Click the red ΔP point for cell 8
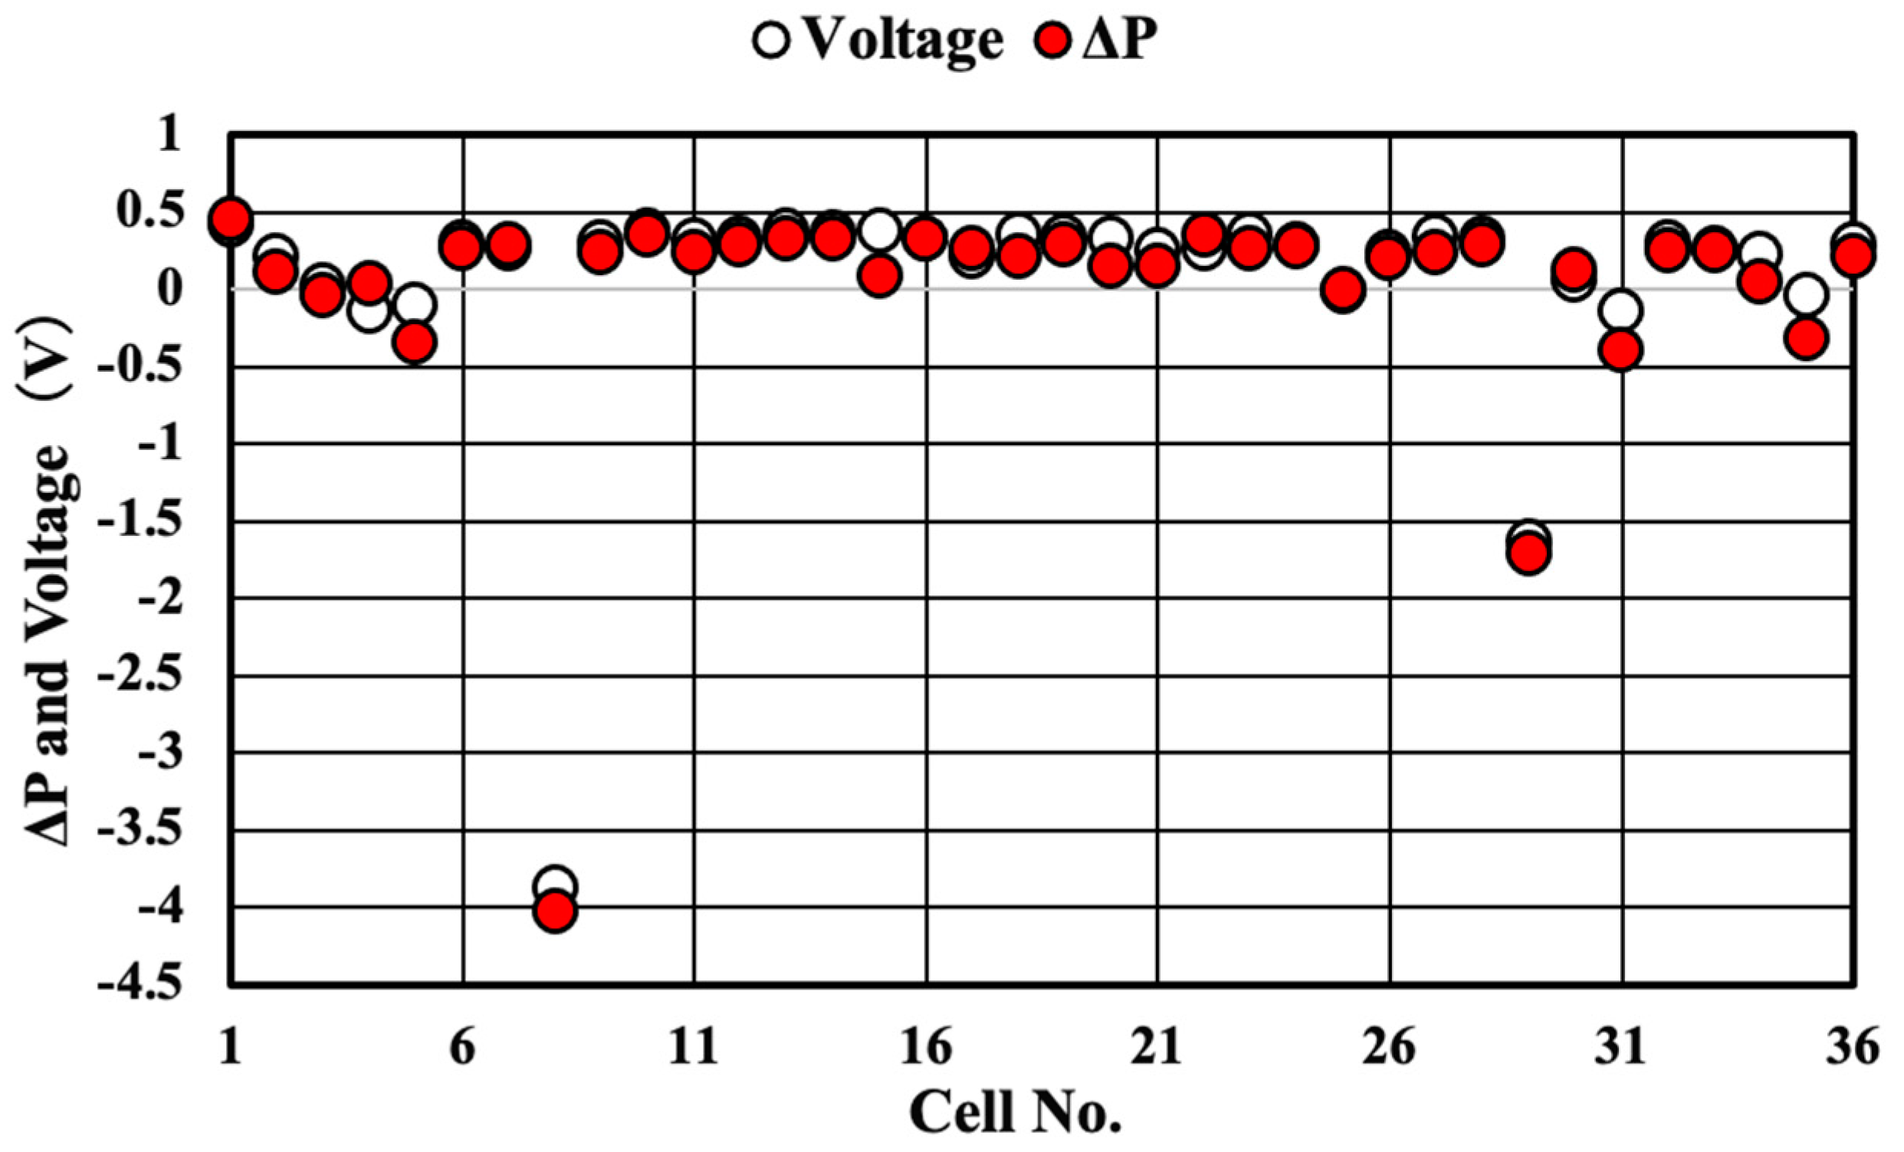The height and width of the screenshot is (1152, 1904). point(555,911)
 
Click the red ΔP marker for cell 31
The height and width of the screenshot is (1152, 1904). point(1621,351)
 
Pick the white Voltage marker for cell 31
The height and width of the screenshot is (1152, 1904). point(1621,310)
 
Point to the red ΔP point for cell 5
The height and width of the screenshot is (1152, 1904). point(415,343)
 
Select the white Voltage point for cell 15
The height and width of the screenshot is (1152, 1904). point(878,229)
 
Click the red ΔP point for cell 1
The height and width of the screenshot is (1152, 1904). point(230,218)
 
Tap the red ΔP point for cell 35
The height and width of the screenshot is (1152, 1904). point(1806,338)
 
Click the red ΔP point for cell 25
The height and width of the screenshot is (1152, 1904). point(1343,290)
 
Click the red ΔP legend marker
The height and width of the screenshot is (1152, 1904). point(1052,40)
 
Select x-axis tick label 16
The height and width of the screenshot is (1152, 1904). point(926,1049)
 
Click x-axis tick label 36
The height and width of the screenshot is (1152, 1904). point(1852,1049)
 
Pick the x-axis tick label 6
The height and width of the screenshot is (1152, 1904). point(462,1049)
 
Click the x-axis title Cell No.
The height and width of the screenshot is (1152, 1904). point(1015,1114)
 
